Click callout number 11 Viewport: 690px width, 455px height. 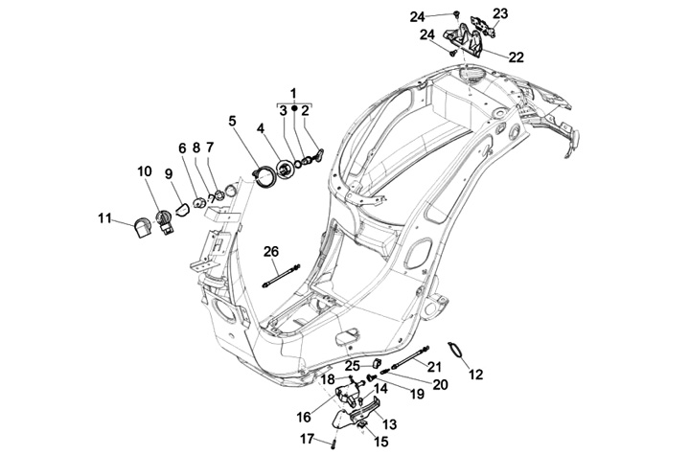tap(105, 217)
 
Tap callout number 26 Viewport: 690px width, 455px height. tap(271, 251)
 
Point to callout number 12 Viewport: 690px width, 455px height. tap(476, 375)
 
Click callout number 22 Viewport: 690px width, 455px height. tap(516, 57)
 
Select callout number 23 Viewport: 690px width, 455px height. tap(500, 12)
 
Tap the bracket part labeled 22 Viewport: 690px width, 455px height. tap(472, 40)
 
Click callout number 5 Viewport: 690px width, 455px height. tap(232, 121)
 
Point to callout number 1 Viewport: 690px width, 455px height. tap(294, 92)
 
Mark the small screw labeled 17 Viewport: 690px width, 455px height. tap(332, 442)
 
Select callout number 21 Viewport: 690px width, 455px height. tap(434, 367)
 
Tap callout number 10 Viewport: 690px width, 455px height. tap(145, 171)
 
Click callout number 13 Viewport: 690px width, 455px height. tap(390, 424)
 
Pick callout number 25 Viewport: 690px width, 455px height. tap(352, 365)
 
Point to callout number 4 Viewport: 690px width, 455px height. tap(261, 127)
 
